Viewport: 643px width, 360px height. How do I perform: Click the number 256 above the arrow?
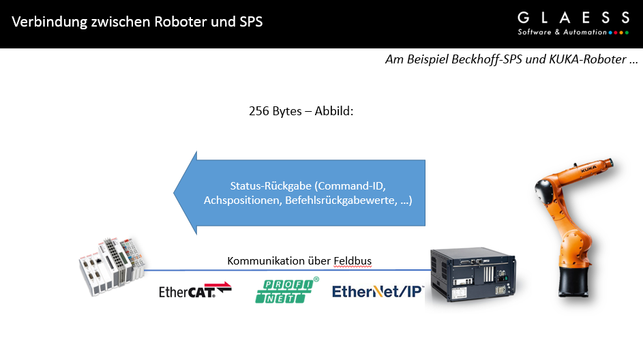260,110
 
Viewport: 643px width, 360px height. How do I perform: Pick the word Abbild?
332,110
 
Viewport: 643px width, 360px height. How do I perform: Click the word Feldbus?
353,260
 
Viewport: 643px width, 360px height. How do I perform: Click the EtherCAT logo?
195,290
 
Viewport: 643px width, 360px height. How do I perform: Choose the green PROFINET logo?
287,290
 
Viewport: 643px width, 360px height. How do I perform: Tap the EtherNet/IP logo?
378,291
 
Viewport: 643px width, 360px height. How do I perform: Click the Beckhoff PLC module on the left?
112,268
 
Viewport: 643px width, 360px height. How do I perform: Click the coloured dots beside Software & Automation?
618,32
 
